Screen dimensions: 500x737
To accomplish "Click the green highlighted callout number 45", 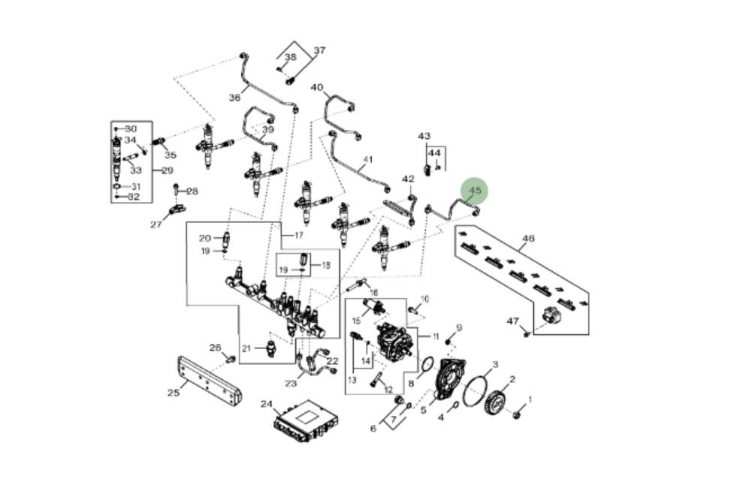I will pos(474,191).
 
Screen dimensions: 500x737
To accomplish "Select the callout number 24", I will pos(266,404).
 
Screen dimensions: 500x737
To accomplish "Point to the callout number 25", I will pos(174,391).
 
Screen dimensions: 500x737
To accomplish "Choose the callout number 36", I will pos(234,98).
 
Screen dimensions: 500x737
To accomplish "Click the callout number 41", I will pos(367,160).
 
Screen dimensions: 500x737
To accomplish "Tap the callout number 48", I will pos(528,239).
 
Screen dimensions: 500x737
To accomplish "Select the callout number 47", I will pos(512,321).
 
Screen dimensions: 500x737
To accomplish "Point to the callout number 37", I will pos(319,51).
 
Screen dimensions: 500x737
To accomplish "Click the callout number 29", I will pos(167,170).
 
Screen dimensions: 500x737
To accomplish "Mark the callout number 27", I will pos(156,224).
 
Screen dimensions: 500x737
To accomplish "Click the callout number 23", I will pos(291,384).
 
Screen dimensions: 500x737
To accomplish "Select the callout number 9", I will pos(458,327).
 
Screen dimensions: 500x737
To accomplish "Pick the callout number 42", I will pos(408,179).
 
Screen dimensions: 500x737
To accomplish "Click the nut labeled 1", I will pos(518,413).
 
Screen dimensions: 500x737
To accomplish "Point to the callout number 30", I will pos(131,129).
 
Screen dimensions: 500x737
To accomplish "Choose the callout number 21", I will pos(246,348).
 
